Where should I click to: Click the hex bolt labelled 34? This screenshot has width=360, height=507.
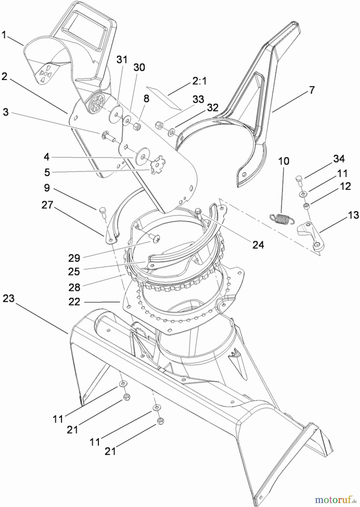[299, 180]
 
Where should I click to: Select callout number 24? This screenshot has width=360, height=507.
[258, 244]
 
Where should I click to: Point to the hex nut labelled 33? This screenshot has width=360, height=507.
[159, 125]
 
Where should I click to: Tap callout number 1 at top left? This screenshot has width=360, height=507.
[4, 35]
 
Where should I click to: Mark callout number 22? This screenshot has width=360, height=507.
[74, 302]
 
